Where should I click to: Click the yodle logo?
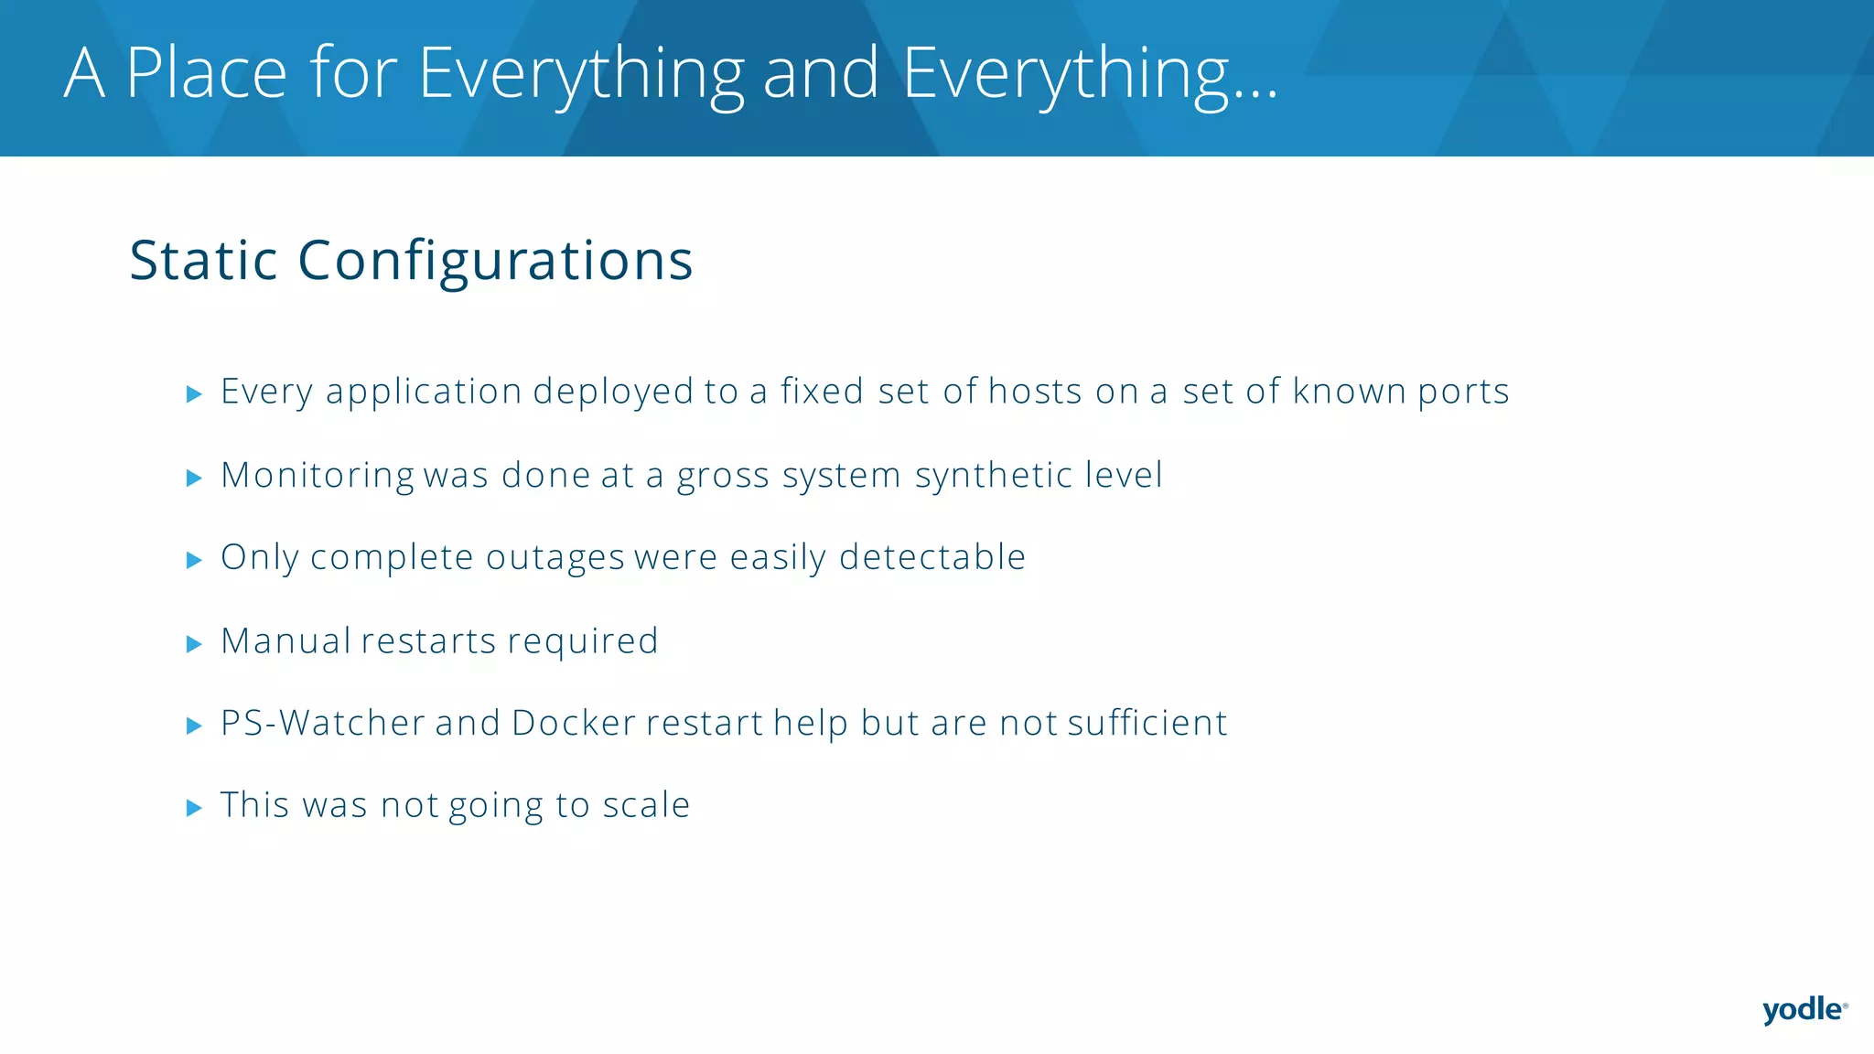[x=1804, y=1010]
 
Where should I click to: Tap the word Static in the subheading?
[x=203, y=261]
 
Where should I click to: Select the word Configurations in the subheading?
[x=495, y=261]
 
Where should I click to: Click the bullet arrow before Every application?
[x=194, y=394]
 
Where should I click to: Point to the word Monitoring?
[x=318, y=476]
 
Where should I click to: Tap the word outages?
[x=555, y=557]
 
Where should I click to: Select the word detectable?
[x=932, y=557]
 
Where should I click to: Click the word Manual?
[x=285, y=640]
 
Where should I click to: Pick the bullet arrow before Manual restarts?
[x=194, y=644]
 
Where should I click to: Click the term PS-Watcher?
[x=322, y=723]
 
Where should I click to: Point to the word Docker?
[x=573, y=723]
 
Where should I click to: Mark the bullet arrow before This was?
[x=194, y=808]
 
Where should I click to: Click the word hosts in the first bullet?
[x=1035, y=392]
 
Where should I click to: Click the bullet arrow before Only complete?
[x=194, y=560]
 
